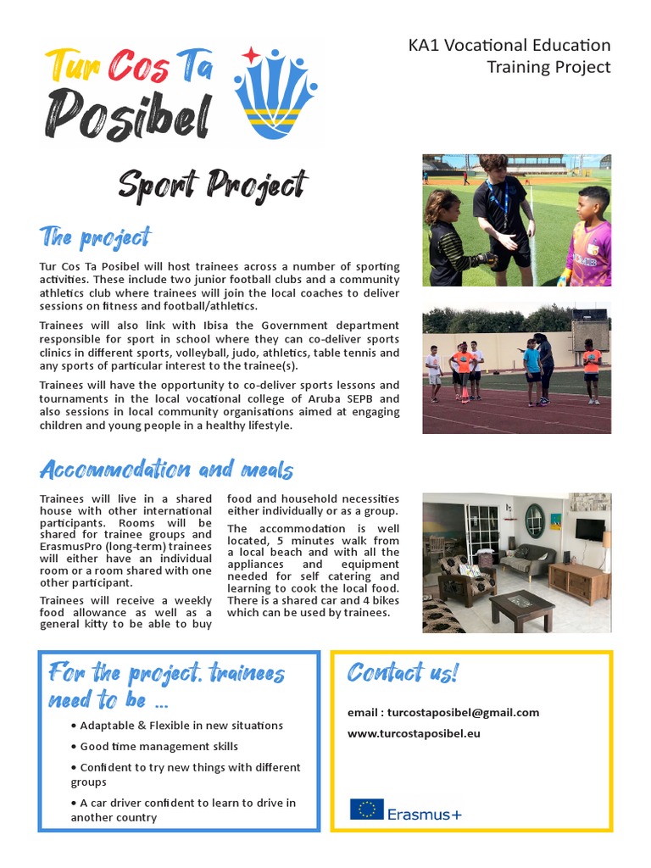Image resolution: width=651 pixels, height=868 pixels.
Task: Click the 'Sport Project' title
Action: click(x=213, y=185)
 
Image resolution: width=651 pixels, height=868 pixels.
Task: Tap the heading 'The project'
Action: click(x=95, y=237)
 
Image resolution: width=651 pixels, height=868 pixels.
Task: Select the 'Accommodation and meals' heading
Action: click(x=166, y=469)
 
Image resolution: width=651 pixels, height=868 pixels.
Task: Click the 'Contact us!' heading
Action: click(x=403, y=673)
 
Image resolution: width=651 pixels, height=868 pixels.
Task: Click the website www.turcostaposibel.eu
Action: click(x=414, y=732)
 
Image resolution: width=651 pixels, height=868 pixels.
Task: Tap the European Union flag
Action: click(x=366, y=810)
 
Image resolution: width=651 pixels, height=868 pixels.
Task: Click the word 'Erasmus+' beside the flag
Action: click(x=425, y=815)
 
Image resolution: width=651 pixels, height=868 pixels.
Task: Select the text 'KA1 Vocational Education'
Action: click(x=509, y=46)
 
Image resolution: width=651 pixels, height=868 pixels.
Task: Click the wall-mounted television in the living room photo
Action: click(x=589, y=529)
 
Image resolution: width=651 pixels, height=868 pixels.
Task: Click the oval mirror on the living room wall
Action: click(x=534, y=520)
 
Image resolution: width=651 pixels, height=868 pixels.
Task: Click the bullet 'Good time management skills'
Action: click(x=159, y=746)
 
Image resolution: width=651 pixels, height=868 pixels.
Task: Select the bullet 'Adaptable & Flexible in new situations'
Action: click(x=181, y=725)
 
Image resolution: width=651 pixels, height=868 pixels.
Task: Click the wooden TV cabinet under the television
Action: click(x=579, y=581)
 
